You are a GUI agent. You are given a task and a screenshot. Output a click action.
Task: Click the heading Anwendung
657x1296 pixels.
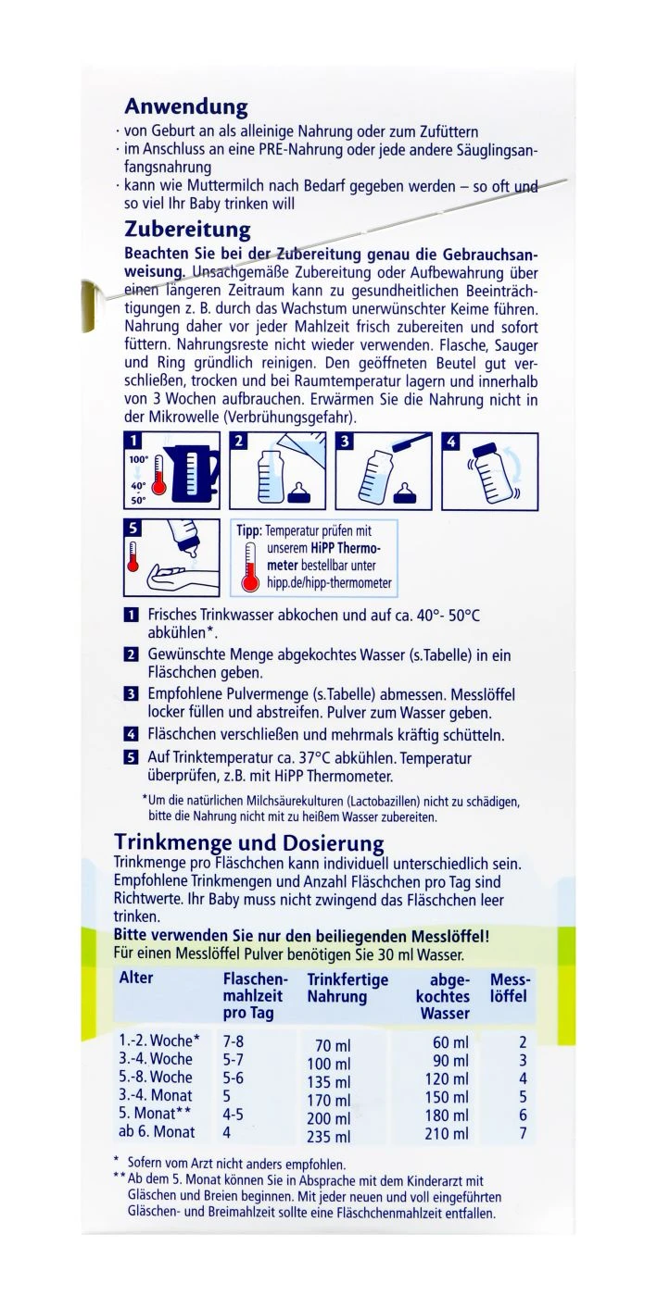point(186,106)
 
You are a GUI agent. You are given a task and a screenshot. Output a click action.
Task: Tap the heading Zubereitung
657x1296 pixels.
point(188,229)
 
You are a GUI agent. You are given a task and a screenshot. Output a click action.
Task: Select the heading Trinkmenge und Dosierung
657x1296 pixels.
point(248,842)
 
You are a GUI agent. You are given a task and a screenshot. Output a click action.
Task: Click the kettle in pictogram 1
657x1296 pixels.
point(196,471)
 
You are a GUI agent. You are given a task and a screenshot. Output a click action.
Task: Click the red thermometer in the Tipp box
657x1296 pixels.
point(249,567)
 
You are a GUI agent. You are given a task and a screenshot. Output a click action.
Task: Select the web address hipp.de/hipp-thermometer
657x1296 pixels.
point(328,583)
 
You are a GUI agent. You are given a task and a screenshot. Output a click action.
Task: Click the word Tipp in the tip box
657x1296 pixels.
point(248,531)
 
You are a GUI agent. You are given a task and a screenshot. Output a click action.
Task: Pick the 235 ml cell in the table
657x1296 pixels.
point(329,1137)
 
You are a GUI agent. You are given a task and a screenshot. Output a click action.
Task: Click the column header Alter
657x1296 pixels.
point(136,978)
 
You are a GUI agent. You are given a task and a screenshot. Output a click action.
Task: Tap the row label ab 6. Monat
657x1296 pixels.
point(157,1131)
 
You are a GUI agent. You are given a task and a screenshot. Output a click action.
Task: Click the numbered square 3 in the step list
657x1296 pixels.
point(131,693)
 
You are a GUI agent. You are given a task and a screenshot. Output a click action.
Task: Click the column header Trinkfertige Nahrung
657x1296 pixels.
point(347,988)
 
